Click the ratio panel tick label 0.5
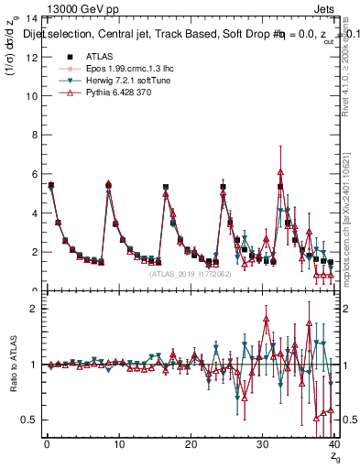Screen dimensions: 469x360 pyautogui.click(x=29, y=420)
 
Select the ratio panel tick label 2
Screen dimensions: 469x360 pyautogui.click(x=34, y=309)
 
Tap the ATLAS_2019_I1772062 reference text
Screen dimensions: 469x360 pyautogui.click(x=190, y=273)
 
